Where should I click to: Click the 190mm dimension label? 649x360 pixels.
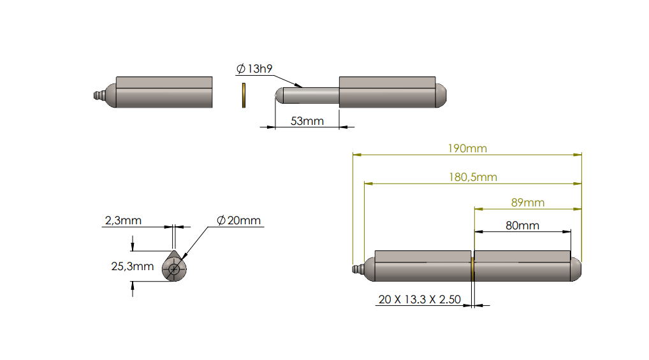click(467, 148)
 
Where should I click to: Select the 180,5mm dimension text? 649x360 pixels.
click(472, 177)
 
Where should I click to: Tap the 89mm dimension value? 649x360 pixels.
click(528, 203)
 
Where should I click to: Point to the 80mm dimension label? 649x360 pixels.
click(522, 225)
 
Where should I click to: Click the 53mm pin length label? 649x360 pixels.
click(307, 120)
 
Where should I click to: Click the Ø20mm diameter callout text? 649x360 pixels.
click(238, 220)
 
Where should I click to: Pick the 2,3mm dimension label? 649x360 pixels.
click(123, 220)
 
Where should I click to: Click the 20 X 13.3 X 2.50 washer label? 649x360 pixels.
click(419, 299)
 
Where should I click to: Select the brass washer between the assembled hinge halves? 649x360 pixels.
click(472, 266)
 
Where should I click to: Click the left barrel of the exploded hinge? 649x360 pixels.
click(164, 92)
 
